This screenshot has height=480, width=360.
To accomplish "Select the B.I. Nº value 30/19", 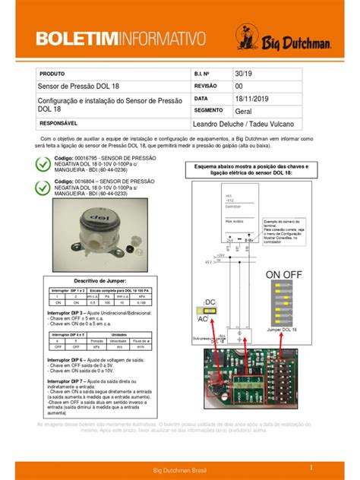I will coord(242,74).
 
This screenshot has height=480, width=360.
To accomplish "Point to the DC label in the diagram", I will coord(210,302).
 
